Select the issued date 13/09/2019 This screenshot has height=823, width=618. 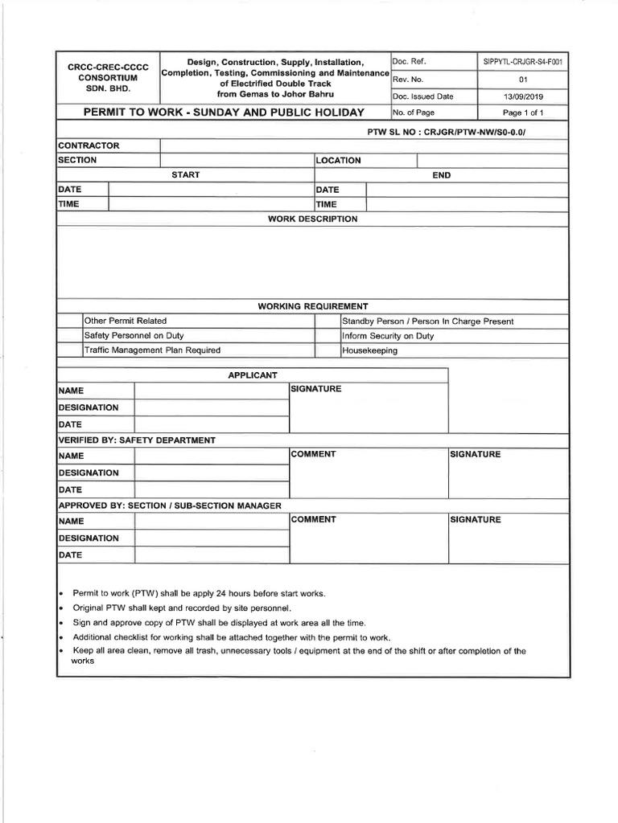(x=523, y=96)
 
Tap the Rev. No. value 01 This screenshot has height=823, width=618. (x=523, y=80)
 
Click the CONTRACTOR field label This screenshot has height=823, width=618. (x=89, y=145)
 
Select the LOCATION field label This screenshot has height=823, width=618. (x=339, y=160)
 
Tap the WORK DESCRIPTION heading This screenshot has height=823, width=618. (x=312, y=219)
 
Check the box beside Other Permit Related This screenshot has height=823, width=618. (x=69, y=321)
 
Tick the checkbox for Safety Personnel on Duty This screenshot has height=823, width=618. (x=69, y=336)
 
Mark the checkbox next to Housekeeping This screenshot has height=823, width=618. (x=327, y=350)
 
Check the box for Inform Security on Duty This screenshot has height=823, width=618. (x=327, y=336)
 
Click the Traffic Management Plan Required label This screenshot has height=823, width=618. (x=153, y=350)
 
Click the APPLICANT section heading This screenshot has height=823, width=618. (x=253, y=375)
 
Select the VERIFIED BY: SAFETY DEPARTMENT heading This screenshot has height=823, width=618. (x=137, y=440)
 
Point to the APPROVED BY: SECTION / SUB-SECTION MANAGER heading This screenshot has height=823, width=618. (x=170, y=506)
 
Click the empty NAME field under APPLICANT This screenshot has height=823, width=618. (x=211, y=390)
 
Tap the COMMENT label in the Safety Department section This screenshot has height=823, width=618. (x=314, y=455)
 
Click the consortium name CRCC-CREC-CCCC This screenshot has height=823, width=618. (x=102, y=66)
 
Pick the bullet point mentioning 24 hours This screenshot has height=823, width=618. (x=199, y=593)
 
